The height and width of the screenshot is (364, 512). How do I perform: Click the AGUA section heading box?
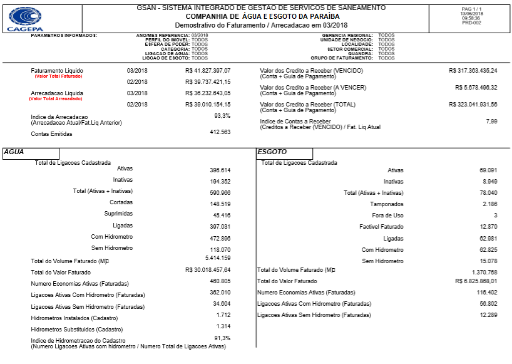pyautogui.click(x=31, y=152)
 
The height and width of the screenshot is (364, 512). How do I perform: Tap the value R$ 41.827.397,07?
pyautogui.click(x=208, y=71)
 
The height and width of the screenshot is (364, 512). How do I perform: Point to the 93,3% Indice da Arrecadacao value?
pyautogui.click(x=222, y=116)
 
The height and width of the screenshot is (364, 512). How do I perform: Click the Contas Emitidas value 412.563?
pyautogui.click(x=220, y=132)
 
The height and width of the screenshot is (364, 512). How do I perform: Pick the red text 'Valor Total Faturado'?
pyautogui.click(x=58, y=76)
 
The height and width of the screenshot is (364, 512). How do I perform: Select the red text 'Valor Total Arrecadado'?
pyautogui.click(x=56, y=99)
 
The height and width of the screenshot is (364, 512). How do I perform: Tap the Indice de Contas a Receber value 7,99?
pyautogui.click(x=491, y=121)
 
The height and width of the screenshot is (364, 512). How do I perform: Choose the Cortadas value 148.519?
pyautogui.click(x=220, y=204)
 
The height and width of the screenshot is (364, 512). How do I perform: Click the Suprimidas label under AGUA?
pyautogui.click(x=118, y=214)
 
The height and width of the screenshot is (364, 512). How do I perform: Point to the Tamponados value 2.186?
pyautogui.click(x=489, y=204)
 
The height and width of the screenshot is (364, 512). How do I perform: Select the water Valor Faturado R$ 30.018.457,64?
pyautogui.click(x=208, y=270)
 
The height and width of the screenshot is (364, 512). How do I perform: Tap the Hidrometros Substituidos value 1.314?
pyautogui.click(x=223, y=326)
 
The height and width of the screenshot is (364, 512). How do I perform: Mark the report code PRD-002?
pyautogui.click(x=471, y=23)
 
